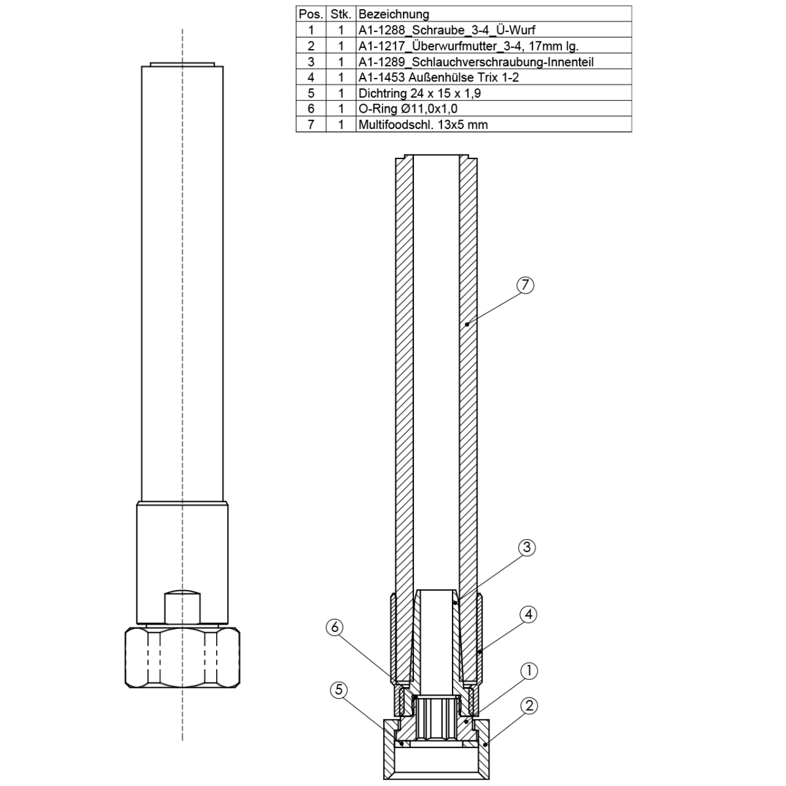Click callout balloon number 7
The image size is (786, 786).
(525, 285)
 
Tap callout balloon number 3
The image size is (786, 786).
(527, 548)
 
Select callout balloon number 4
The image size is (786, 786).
(528, 614)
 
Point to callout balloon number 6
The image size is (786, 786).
(335, 627)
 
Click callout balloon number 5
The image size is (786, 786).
(339, 690)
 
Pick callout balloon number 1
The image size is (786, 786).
(529, 671)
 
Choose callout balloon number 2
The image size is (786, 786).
(529, 706)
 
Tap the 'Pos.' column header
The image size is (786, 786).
(311, 14)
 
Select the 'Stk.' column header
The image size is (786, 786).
(341, 14)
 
